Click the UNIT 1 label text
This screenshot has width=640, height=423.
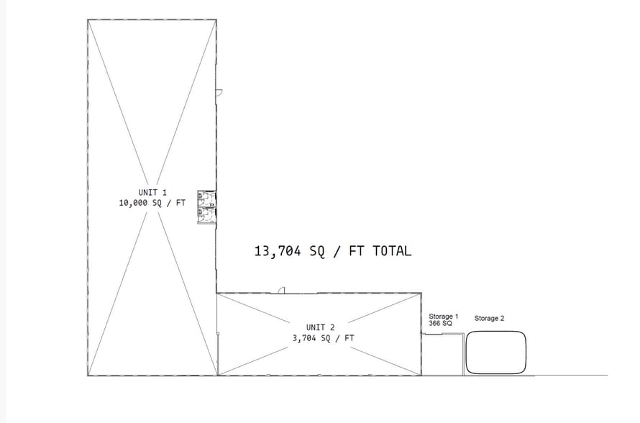pos(152,192)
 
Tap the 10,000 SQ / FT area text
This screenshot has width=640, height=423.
pos(152,203)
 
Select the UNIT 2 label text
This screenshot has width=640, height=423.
pos(321,327)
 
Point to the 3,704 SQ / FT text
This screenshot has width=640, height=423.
pos(324,338)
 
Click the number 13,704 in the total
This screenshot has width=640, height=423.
pos(278,251)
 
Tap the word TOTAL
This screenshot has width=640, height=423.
pos(392,250)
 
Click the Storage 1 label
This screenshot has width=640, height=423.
pos(443,317)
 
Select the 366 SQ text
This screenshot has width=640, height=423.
pos(440,324)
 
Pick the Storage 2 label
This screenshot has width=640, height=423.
pos(489,319)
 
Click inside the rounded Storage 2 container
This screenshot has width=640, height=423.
pos(496,352)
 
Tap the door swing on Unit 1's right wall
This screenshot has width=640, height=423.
pos(219,93)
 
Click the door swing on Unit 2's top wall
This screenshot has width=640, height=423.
pos(281,291)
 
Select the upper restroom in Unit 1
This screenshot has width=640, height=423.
pos(206,199)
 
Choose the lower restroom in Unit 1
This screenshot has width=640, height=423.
pos(206,216)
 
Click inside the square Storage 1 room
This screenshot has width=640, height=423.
pos(442,355)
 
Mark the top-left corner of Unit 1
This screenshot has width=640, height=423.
pos(88,19)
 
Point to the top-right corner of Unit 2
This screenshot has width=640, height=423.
pos(421,294)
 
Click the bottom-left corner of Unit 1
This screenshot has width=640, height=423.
pos(88,376)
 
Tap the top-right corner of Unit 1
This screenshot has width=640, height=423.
pos(216,19)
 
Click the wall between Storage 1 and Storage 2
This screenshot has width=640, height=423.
pos(464,355)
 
